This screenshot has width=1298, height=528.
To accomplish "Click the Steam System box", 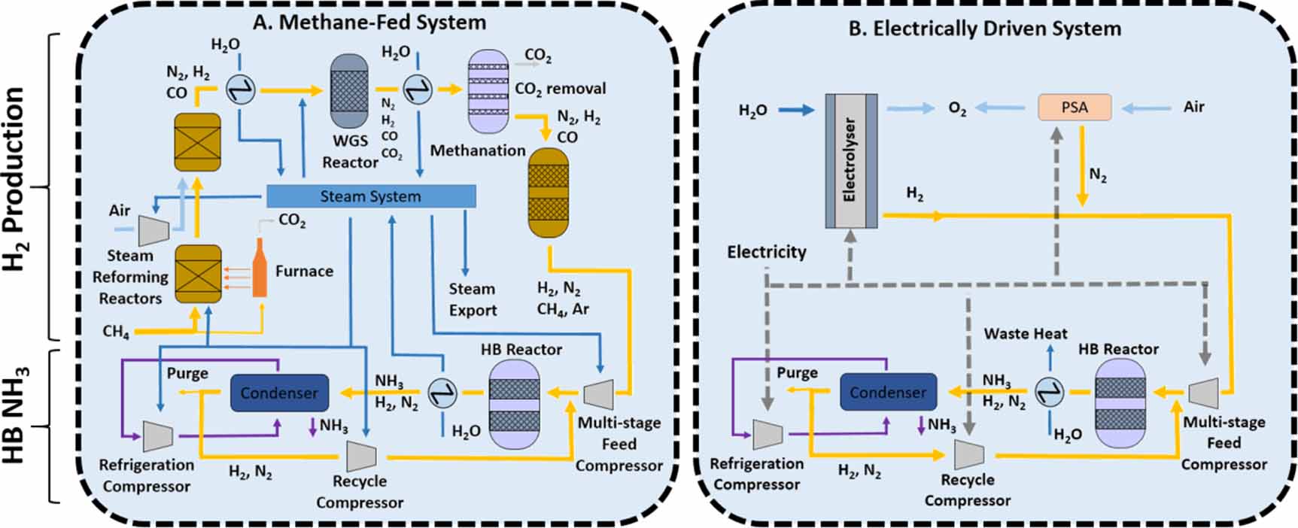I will (x=371, y=196).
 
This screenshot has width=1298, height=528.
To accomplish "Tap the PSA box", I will (x=1075, y=108).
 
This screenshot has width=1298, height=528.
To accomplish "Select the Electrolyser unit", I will (x=850, y=160).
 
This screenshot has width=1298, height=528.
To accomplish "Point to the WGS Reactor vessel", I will (x=349, y=91).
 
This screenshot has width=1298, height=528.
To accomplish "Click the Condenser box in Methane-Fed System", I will (x=279, y=393).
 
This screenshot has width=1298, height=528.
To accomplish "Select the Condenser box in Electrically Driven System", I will (x=888, y=393).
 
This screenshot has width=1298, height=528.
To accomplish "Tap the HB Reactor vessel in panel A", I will (x=515, y=404).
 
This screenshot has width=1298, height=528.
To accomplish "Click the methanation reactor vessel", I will (x=549, y=193).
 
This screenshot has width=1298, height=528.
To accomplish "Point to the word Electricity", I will (x=766, y=252).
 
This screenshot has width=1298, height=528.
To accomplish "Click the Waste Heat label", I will (x=1025, y=333).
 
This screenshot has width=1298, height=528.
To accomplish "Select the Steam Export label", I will (x=473, y=299).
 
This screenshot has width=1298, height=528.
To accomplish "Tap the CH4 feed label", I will (x=116, y=332).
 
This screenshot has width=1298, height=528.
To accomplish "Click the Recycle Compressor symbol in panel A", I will (x=361, y=455).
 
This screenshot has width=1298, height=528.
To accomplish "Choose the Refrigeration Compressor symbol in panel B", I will (x=768, y=434).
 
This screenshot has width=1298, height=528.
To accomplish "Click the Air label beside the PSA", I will (x=1193, y=107).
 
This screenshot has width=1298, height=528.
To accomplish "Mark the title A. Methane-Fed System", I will (x=369, y=22).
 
